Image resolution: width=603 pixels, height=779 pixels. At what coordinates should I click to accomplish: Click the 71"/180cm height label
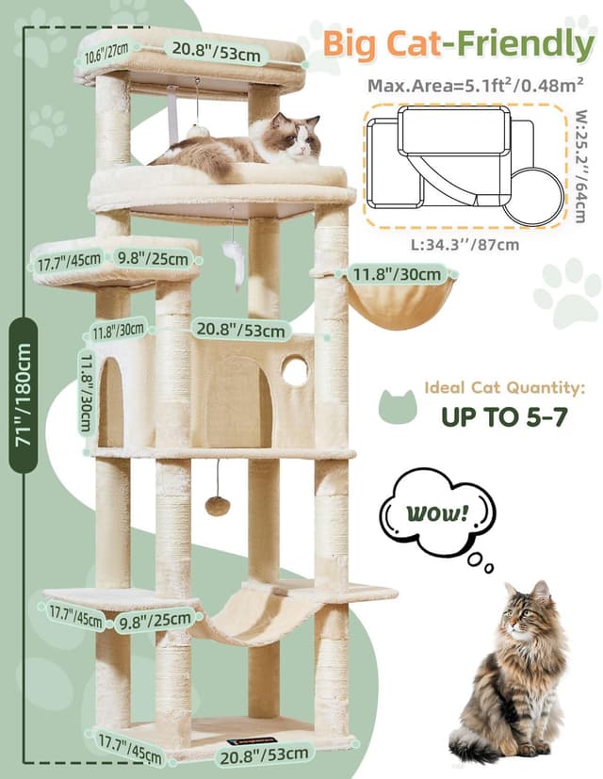23,395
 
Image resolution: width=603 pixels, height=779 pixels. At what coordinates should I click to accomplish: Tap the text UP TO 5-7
504,415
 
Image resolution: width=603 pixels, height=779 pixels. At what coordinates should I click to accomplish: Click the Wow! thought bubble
436,515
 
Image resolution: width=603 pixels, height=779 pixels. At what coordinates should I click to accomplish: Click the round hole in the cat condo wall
295,371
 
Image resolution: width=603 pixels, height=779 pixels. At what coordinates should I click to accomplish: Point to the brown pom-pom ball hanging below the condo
218,506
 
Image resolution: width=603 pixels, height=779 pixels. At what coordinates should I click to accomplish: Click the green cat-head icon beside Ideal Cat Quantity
396,405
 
